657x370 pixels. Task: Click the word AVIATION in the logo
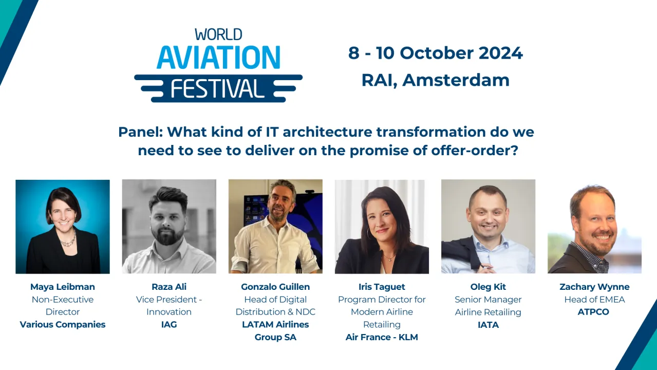click(218, 57)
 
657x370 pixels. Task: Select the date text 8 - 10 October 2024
click(435, 53)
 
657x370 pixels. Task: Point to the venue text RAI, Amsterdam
click(435, 80)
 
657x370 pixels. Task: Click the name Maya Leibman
click(63, 287)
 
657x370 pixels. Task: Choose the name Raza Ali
click(168, 287)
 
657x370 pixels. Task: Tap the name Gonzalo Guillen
click(275, 287)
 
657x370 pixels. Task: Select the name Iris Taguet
click(382, 287)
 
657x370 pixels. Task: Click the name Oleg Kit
click(488, 287)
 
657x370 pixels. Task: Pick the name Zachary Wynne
click(594, 287)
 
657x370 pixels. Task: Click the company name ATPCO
click(593, 312)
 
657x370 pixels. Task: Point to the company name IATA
click(488, 325)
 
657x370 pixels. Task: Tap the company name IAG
click(168, 325)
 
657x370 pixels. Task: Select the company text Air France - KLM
click(382, 337)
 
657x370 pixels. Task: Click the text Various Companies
click(63, 325)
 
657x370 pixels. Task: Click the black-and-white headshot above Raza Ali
click(168, 226)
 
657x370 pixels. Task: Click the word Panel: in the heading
click(140, 132)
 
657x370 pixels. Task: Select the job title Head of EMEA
click(594, 300)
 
